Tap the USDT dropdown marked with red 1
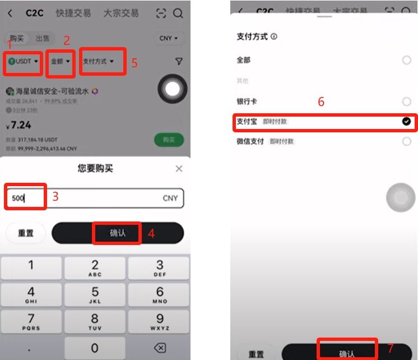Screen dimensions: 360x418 (x=24, y=61)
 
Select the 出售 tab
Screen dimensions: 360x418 (x=43, y=38)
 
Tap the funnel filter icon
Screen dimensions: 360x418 (x=179, y=62)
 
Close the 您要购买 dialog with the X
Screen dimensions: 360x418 (x=179, y=169)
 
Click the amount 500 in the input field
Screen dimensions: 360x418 (x=19, y=198)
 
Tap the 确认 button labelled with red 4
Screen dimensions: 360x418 (x=118, y=233)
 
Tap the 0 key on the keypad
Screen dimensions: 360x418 (x=95, y=348)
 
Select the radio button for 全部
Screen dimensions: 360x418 (x=407, y=60)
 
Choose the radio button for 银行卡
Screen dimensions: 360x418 (x=407, y=101)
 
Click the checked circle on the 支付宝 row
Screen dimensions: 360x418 (x=407, y=122)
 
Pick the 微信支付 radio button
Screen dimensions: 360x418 (x=407, y=142)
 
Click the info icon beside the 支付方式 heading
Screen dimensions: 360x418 (x=274, y=36)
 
